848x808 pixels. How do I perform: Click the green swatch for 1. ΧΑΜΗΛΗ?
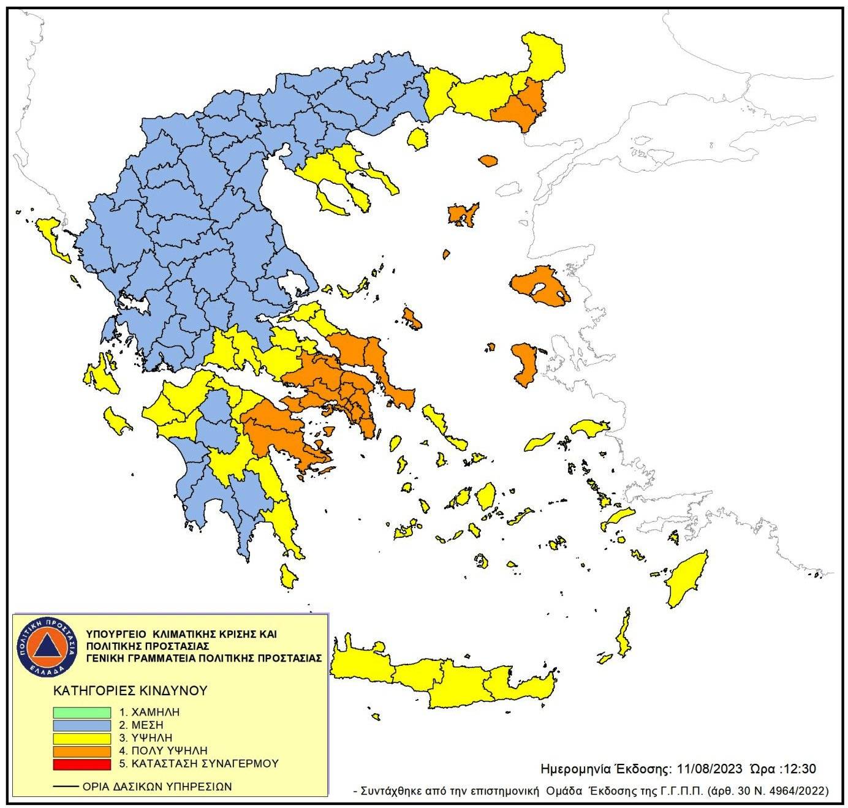pyautogui.click(x=81, y=712)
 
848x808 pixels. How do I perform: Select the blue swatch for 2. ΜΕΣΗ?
pyautogui.click(x=81, y=725)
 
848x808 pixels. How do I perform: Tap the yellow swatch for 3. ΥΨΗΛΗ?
pyautogui.click(x=81, y=738)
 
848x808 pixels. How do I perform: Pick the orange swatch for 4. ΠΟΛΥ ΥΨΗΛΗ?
pyautogui.click(x=81, y=750)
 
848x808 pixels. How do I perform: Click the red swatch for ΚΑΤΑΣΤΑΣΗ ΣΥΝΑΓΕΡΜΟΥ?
pyautogui.click(x=81, y=764)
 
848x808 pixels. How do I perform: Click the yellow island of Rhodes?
pyautogui.click(x=687, y=580)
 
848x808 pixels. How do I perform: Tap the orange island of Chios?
pyautogui.click(x=523, y=364)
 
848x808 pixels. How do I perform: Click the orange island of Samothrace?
pyautogui.click(x=488, y=160)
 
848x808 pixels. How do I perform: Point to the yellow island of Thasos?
pyautogui.click(x=418, y=139)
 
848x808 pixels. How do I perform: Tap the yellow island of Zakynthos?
pyautogui.click(x=116, y=421)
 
